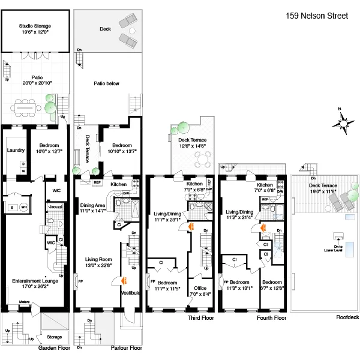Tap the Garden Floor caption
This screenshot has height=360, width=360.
(x=54, y=347)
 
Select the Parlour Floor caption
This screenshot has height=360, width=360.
(x=127, y=347)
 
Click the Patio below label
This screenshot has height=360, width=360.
(x=106, y=85)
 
